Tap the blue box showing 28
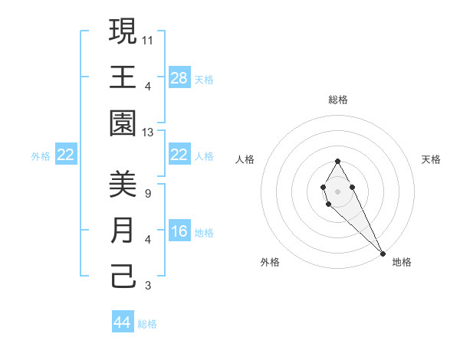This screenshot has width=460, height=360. click(179, 78)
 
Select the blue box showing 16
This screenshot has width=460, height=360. click(179, 232)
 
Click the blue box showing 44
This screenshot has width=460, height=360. click(123, 322)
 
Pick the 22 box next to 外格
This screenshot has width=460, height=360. click(66, 155)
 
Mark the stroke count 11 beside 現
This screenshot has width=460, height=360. click(148, 39)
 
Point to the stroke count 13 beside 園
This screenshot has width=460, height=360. click(148, 133)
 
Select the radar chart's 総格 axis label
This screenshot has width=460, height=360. click(338, 100)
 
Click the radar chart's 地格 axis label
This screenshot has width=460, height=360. click(402, 262)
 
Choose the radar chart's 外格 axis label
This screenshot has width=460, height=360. click(270, 262)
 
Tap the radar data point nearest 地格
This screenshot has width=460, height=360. click(383, 253)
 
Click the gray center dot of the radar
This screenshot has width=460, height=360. click(337, 191)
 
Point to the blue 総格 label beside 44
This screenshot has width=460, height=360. click(147, 323)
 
